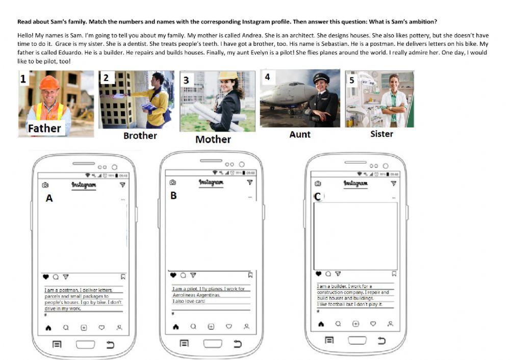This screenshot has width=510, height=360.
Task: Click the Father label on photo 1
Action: tap(44, 128)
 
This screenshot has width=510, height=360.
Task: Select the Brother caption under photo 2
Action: tap(140, 136)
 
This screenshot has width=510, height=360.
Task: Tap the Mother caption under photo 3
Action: tap(213, 139)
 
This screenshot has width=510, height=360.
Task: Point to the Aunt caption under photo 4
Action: tap(300, 134)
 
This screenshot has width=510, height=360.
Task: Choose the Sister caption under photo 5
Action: tap(381, 134)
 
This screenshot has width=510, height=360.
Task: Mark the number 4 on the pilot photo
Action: tap(267, 77)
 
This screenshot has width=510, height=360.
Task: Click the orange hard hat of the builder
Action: tap(49, 83)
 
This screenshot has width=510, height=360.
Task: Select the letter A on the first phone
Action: tap(49, 198)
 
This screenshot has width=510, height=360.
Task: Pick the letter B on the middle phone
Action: tap(173, 195)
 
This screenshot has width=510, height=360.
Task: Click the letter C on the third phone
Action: tap(318, 196)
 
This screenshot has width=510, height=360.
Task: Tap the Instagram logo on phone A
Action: tap(84, 185)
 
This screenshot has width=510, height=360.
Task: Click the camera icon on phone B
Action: tap(172, 182)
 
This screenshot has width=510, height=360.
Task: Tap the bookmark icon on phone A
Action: tap(123, 277)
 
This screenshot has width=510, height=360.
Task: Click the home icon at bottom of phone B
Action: tap(176, 327)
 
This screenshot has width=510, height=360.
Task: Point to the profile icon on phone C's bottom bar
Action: tap(390, 324)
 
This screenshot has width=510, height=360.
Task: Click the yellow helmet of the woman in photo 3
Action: tap(228, 75)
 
